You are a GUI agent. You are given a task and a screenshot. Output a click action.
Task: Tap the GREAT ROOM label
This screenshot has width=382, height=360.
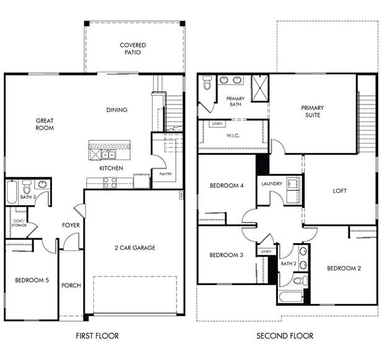[x=45, y=124]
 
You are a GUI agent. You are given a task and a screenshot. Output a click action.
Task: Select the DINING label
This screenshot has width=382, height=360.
[x=116, y=110]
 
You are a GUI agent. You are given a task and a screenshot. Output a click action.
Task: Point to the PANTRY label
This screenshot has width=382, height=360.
[x=165, y=174]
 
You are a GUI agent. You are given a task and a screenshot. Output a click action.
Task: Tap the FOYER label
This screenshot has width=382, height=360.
[x=71, y=225]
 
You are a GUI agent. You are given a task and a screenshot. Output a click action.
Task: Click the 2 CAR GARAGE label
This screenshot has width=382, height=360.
[x=134, y=247]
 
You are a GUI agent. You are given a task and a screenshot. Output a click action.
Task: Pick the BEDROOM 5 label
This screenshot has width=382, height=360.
[x=31, y=280]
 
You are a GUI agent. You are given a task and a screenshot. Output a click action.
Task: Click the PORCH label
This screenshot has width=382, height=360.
[x=71, y=285]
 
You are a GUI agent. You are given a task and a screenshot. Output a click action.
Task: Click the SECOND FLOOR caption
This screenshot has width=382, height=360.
[x=285, y=336]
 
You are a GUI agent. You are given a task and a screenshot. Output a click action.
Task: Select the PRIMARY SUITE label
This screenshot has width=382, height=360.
[x=312, y=111]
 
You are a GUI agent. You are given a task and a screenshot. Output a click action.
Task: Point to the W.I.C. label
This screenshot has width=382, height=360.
[x=233, y=135]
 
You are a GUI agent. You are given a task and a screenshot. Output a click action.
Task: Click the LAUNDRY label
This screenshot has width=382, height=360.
[x=272, y=184]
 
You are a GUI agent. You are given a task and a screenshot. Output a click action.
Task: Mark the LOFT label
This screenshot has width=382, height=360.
[x=339, y=191]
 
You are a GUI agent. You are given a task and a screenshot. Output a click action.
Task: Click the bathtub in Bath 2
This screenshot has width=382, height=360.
[x=290, y=296]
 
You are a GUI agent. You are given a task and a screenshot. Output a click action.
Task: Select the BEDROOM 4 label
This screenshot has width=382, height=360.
[x=226, y=186]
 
